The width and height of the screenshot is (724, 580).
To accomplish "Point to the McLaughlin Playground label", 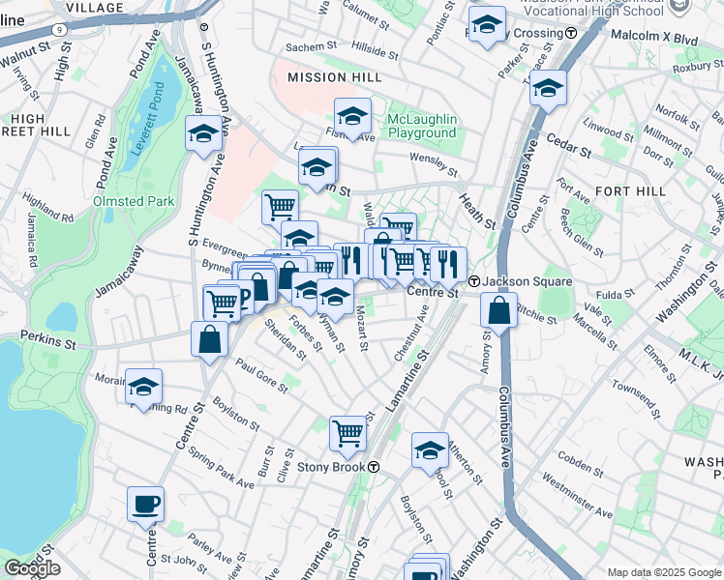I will click(422, 126).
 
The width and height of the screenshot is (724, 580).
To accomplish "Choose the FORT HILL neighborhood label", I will click(631, 191).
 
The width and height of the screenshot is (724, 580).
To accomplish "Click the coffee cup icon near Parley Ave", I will click(145, 504).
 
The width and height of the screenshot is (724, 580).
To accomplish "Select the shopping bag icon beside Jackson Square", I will click(498, 310).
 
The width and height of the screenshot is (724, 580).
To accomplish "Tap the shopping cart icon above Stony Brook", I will click(347, 433).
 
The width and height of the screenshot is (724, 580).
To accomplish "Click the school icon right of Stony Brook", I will click(430, 449).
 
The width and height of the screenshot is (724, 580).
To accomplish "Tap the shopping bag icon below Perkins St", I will click(210, 339).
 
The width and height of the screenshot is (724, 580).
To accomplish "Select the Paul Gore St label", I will click(260, 375).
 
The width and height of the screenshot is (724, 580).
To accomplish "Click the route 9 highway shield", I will click(60, 29).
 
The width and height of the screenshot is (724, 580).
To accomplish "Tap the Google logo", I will click(32, 568).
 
